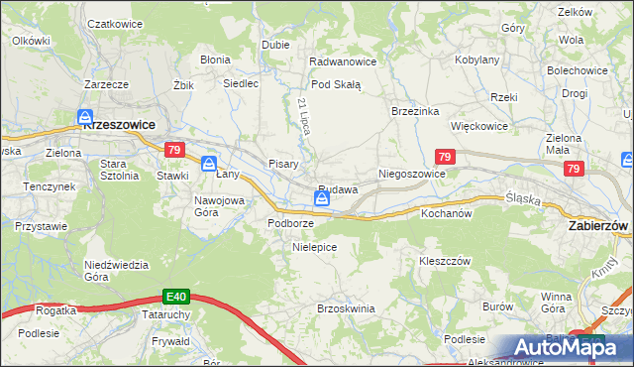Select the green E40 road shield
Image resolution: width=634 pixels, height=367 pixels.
[x=176, y=296]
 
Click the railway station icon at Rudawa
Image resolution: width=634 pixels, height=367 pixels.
[x=323, y=199]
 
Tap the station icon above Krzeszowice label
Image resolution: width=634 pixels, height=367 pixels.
[x=86, y=116]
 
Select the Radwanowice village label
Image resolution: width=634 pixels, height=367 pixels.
[x=343, y=61]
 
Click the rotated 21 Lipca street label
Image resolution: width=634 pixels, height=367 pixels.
[x=304, y=117]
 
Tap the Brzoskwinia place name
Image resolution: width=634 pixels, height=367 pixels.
[x=346, y=308]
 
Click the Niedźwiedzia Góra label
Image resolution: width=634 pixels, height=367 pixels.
[x=116, y=270]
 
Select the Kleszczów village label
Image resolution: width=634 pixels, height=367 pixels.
[x=443, y=260]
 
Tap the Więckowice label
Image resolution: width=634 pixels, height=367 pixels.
[x=479, y=127]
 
